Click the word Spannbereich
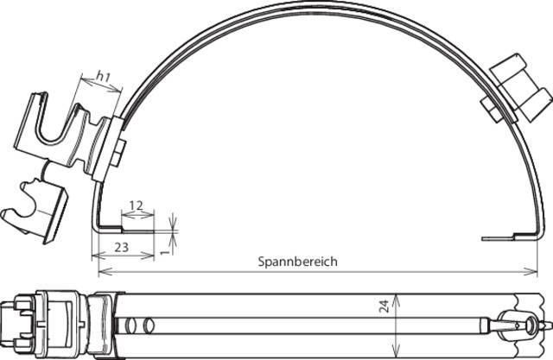point(297,262)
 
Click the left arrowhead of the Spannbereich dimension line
point(102,271)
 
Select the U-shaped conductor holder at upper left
point(60,129)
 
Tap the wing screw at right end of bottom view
point(524,323)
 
